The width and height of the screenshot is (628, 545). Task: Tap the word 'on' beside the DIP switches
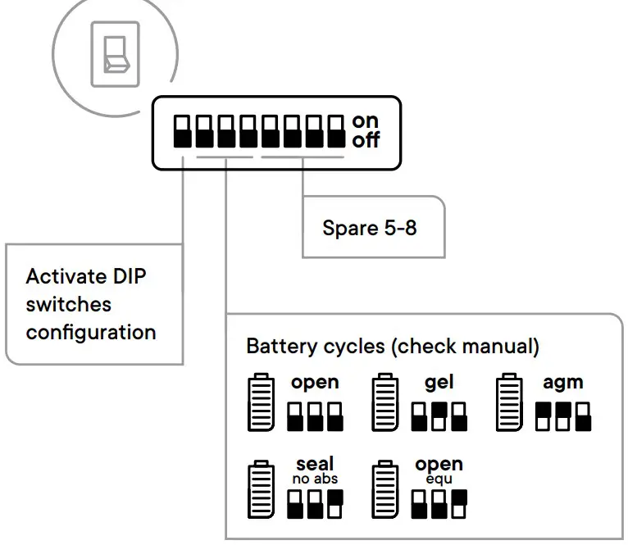366,121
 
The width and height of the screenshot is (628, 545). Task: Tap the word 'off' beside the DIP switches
366,140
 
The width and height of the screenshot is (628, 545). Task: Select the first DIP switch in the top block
182,131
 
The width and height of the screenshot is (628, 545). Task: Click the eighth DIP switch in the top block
335,131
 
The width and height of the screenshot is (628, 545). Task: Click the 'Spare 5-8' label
370,227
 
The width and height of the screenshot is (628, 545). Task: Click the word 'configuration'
91,332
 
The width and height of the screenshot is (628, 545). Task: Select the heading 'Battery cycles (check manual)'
393,346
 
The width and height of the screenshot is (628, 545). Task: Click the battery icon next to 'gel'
385,402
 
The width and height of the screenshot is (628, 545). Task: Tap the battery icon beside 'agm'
508,402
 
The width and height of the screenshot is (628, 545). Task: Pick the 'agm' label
562,383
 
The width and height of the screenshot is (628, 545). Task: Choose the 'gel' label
439,383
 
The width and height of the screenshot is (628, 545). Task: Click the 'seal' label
315,464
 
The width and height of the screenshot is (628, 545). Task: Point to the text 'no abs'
315,479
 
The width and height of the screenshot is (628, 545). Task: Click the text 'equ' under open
439,479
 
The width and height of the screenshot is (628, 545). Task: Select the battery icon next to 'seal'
261,490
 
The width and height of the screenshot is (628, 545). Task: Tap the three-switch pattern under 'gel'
439,416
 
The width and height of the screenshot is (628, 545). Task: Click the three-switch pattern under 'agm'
562,416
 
